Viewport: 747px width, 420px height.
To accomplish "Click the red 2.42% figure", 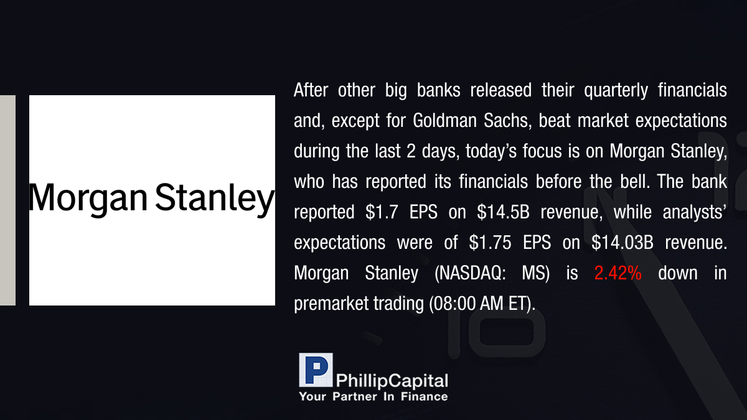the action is (x=618, y=273).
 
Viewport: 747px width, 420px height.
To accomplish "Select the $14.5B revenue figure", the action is (x=503, y=212).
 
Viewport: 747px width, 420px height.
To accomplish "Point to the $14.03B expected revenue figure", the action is (x=622, y=243).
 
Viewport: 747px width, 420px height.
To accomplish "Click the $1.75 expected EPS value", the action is (x=490, y=243).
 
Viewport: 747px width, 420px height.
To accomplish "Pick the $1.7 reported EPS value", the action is (x=382, y=212).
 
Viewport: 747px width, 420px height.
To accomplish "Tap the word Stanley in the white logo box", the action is (x=215, y=198).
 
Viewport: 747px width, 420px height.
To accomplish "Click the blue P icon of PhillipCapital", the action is (x=316, y=370).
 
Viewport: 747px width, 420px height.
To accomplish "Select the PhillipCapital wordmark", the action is (x=392, y=381).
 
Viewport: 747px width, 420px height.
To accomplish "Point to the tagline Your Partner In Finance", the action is (x=374, y=397).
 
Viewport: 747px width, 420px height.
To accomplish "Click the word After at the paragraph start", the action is (x=311, y=90).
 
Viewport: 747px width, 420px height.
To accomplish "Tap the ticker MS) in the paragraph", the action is (x=535, y=273).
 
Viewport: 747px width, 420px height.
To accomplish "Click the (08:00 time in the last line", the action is (x=451, y=304).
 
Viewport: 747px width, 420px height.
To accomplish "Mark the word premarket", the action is (x=330, y=304).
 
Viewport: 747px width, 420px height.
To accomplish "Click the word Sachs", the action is (x=507, y=121).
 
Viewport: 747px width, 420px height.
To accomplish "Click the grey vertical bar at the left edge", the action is (x=7, y=200).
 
